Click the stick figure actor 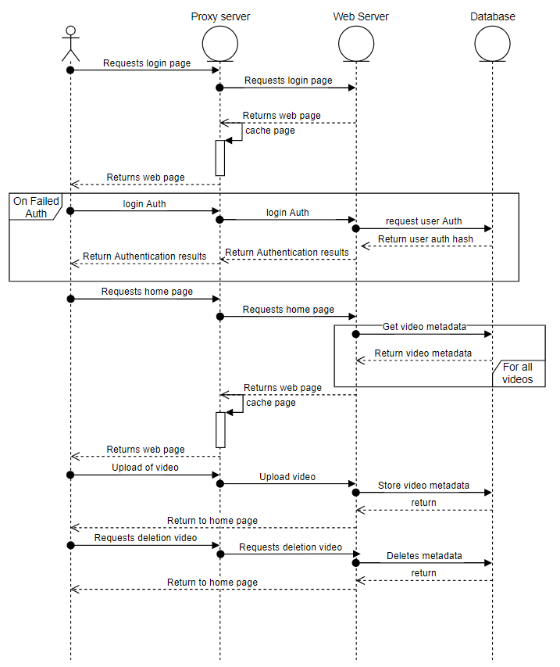point(70,43)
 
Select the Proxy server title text point(219,16)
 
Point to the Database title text point(493,16)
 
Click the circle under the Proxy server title point(219,44)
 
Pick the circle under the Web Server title point(356,44)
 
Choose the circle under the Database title point(492,44)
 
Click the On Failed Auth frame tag point(31,207)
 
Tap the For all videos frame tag point(518,373)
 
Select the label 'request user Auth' point(423,221)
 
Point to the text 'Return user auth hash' point(426,238)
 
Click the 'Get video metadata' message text point(424,325)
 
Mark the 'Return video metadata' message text point(423,353)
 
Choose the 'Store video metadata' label point(423,485)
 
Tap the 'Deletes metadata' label point(424,556)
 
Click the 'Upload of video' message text point(145,467)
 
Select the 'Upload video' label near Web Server point(287,476)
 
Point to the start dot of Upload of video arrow point(70,475)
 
